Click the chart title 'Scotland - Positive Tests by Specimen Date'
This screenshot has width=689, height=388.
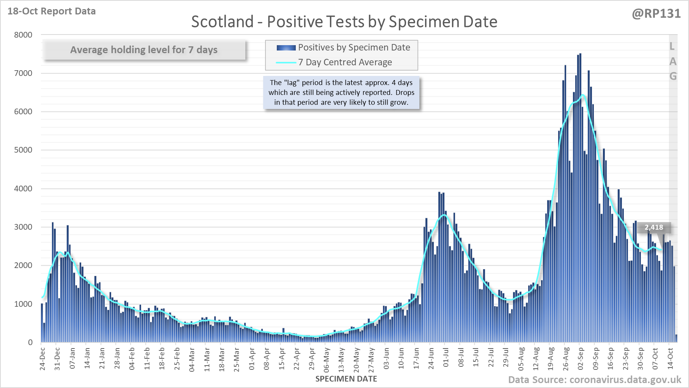click(344, 22)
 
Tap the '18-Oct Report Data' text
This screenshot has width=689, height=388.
click(52, 11)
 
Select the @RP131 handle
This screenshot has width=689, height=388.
click(656, 14)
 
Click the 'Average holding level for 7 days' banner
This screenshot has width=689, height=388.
click(144, 50)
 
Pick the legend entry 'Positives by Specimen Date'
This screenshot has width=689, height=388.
click(354, 47)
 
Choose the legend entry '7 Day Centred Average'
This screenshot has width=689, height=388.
click(345, 62)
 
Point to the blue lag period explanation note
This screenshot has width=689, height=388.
click(341, 92)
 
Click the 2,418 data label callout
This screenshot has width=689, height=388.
click(654, 227)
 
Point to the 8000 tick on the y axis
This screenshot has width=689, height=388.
click(23, 35)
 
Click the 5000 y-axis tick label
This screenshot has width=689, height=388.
click(23, 150)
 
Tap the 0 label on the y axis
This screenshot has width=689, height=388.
click(30, 342)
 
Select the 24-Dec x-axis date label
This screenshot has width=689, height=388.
click(42, 358)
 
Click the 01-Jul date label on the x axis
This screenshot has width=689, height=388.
click(446, 358)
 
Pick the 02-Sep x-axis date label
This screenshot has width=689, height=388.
click(581, 358)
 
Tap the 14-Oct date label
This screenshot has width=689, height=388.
click(670, 358)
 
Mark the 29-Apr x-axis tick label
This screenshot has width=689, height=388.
click(312, 358)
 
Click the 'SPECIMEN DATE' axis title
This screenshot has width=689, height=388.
click(346, 379)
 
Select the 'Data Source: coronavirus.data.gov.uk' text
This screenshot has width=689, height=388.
click(595, 380)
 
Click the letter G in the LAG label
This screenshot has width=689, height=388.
click(673, 76)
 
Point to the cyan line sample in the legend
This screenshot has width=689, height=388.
click(286, 63)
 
